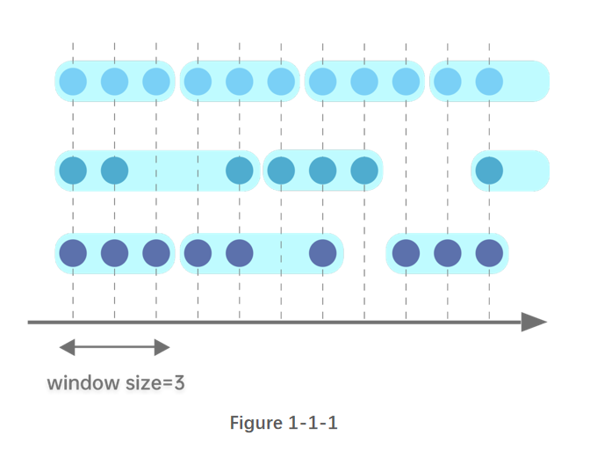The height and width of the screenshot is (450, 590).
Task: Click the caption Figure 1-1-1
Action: [284, 423]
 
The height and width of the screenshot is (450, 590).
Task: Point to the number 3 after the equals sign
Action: [179, 383]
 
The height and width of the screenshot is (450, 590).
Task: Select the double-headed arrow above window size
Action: [114, 348]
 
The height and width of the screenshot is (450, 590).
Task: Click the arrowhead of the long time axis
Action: [534, 322]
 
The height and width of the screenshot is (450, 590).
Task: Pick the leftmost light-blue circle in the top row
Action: [73, 82]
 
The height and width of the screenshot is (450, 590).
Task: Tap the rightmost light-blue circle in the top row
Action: [489, 82]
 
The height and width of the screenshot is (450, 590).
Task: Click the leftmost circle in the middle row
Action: [73, 171]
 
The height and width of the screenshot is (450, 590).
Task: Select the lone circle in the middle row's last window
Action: [489, 171]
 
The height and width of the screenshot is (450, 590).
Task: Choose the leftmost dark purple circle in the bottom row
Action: [73, 253]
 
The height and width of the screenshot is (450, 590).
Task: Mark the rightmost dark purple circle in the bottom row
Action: [489, 253]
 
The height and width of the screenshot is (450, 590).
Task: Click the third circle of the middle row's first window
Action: [240, 171]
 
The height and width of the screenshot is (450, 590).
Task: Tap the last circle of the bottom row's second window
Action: [323, 253]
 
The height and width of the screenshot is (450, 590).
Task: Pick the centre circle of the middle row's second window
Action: [323, 171]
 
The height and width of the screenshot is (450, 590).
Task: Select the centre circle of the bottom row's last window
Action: [448, 253]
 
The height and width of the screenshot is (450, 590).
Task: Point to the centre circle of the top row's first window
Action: [115, 82]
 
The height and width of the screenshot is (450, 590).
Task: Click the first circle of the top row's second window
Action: [198, 82]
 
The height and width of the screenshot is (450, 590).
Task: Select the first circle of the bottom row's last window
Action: [406, 253]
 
